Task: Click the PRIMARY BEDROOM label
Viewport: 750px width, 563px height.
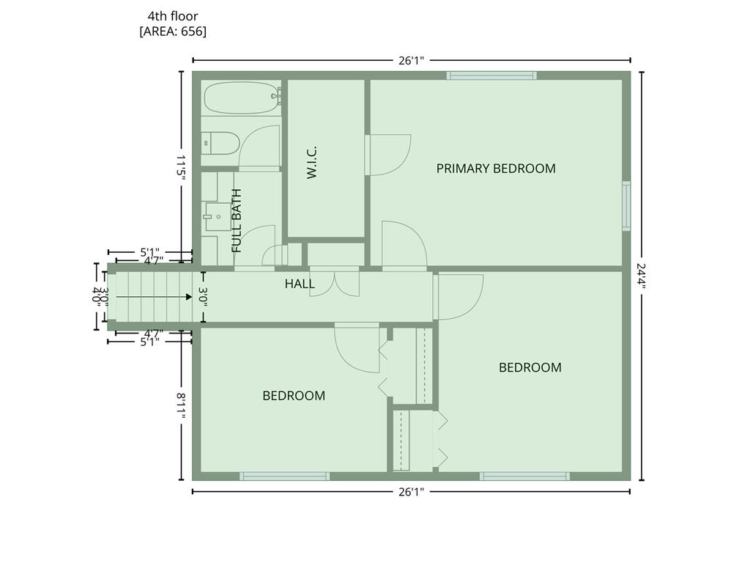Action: [496, 169]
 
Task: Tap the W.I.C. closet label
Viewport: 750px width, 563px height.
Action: [312, 163]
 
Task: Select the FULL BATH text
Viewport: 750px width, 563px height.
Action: [237, 221]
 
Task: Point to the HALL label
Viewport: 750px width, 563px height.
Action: [300, 284]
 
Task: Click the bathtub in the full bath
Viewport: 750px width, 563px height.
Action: [242, 97]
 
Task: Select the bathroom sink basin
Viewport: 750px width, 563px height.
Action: [218, 217]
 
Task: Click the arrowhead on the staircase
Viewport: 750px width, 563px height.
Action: [189, 297]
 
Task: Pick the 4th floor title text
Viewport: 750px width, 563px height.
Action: [173, 16]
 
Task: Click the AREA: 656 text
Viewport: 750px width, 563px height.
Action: [173, 32]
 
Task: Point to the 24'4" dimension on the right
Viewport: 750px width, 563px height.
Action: [642, 276]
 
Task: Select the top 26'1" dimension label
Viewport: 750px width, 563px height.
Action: [412, 60]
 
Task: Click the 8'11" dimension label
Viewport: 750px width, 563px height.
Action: [182, 405]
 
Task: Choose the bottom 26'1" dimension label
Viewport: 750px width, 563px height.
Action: [412, 492]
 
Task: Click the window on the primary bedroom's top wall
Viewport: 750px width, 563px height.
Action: [491, 76]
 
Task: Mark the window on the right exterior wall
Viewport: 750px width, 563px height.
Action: [626, 206]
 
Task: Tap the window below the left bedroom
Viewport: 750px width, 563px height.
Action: [285, 476]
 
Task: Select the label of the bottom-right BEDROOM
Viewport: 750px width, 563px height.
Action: [530, 368]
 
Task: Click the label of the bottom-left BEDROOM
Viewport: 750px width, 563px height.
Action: [294, 396]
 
